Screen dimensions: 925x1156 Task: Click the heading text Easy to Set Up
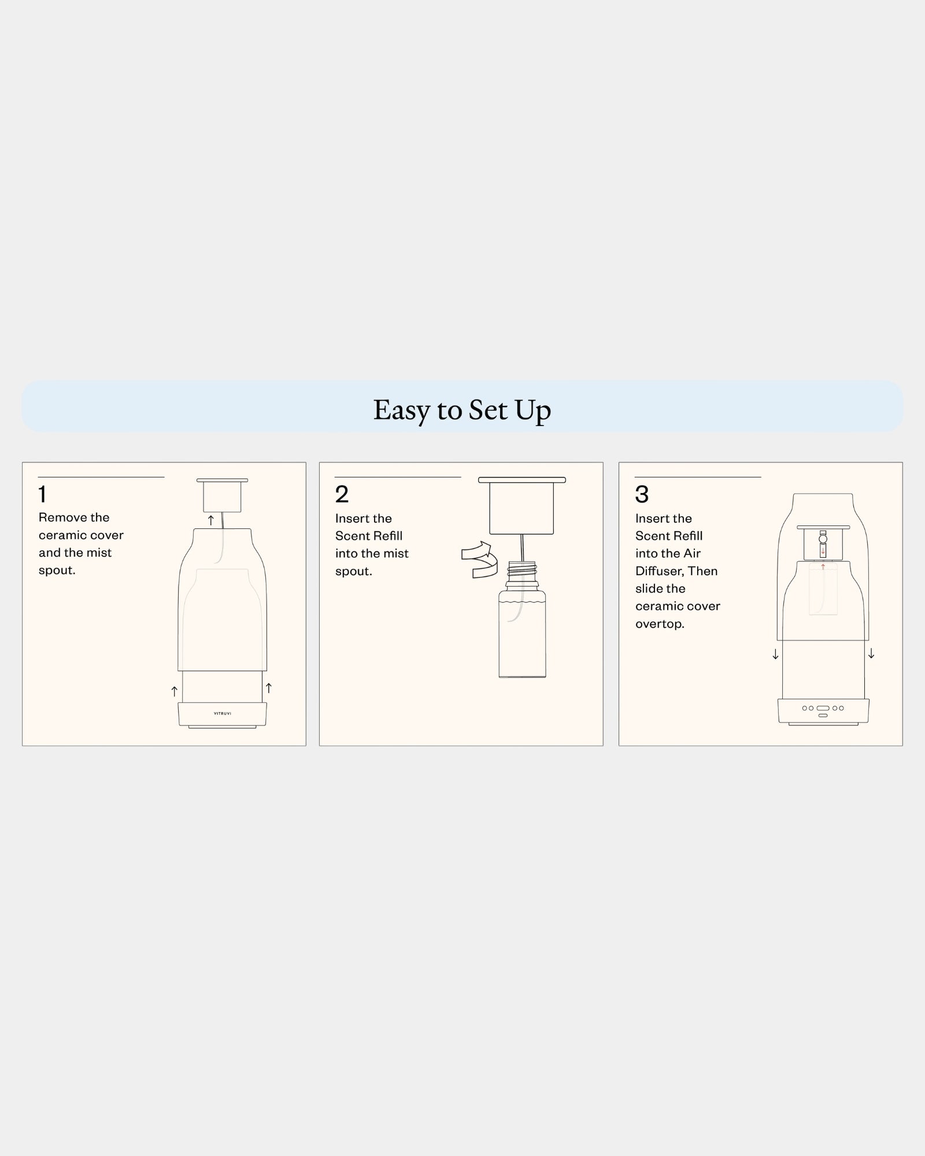tap(462, 409)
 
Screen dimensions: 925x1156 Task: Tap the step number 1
tap(42, 494)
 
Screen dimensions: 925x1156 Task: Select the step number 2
tap(342, 494)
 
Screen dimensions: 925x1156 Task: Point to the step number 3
tap(642, 494)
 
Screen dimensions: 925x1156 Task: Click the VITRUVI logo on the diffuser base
tap(223, 713)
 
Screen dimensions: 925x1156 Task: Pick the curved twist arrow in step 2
tap(480, 560)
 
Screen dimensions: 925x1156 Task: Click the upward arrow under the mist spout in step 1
tap(211, 520)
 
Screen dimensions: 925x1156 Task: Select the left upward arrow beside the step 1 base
tap(174, 691)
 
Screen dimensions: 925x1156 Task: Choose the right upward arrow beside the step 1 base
tap(268, 688)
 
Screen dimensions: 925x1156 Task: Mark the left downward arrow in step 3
tap(775, 654)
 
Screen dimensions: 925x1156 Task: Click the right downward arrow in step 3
tap(871, 654)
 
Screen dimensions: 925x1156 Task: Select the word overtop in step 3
tap(660, 624)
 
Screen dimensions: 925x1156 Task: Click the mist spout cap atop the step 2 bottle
tap(522, 506)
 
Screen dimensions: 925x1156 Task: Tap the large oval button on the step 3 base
tap(823, 708)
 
